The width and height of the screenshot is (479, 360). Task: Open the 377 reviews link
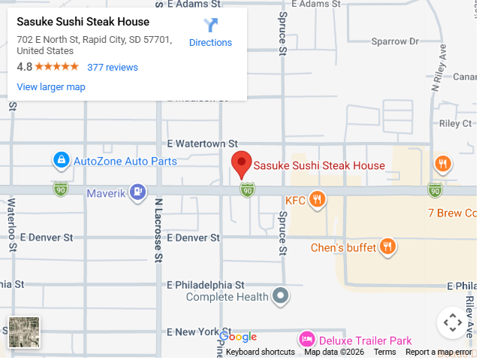click(x=113, y=67)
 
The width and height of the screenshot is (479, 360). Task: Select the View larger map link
click(x=51, y=86)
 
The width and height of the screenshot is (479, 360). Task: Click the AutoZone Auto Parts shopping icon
click(x=61, y=160)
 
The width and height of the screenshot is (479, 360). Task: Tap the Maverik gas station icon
click(x=137, y=193)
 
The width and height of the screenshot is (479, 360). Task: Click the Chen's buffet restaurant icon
click(x=387, y=247)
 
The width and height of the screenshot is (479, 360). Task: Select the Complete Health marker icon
click(x=281, y=296)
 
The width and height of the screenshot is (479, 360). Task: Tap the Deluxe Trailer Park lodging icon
click(x=306, y=340)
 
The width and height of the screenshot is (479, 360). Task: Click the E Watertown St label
click(x=202, y=143)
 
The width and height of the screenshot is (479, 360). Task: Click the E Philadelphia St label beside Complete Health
click(x=206, y=285)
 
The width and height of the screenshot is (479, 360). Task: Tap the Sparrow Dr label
click(x=388, y=41)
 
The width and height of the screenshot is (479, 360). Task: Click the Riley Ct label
click(x=455, y=123)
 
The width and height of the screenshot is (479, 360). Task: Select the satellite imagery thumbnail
click(x=24, y=332)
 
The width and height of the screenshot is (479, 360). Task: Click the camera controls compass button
click(x=452, y=323)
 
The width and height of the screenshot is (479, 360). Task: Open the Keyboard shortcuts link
click(x=260, y=352)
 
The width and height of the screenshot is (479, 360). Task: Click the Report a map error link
click(x=438, y=352)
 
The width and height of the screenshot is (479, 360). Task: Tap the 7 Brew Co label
click(x=452, y=213)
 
